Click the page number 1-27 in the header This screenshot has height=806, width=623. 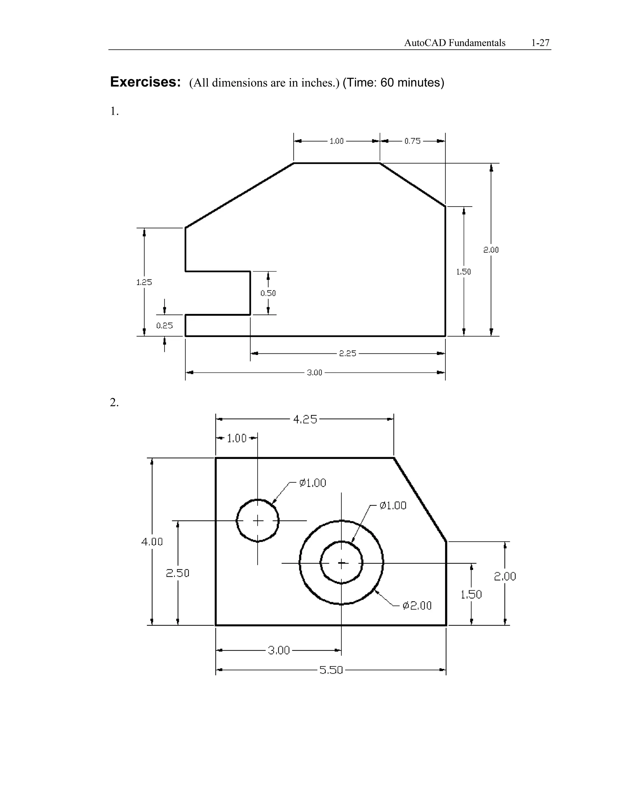point(540,43)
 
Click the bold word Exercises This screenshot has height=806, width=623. point(145,82)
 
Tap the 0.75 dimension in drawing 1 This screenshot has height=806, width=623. point(412,141)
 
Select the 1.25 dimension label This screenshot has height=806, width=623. point(144,282)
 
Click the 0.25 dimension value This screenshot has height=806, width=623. point(164,325)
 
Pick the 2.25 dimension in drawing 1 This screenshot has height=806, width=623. point(348,353)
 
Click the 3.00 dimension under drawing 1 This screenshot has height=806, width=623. point(315,373)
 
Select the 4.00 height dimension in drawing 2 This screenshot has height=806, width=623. point(152,542)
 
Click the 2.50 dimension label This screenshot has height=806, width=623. point(178,573)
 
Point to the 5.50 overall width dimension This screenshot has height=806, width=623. point(331,670)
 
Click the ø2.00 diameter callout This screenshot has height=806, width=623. point(417,606)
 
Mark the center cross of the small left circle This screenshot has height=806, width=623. point(258,521)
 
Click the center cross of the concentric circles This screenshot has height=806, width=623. point(341,563)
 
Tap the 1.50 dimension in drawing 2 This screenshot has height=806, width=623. point(471,595)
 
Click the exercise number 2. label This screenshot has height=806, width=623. point(114,402)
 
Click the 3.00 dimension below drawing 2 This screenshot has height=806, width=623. point(279,650)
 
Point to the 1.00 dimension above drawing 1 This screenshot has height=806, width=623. point(336,141)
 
